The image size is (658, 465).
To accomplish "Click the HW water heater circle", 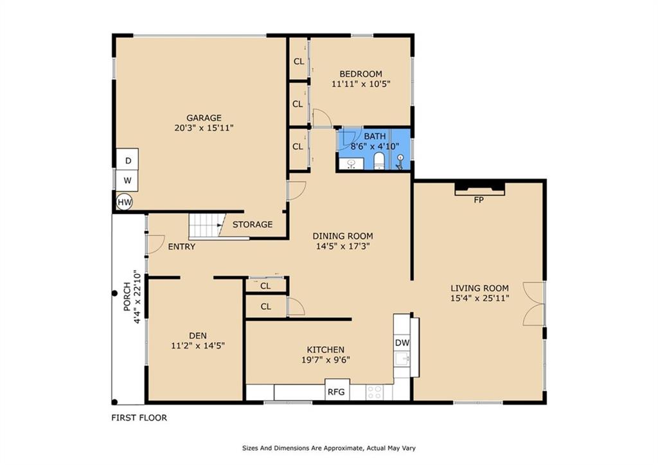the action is tap(124, 203).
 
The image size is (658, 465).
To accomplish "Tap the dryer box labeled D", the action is tap(128, 160).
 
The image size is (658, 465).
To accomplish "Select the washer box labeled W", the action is tap(128, 181).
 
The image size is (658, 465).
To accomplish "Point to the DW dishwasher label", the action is tap(402, 343).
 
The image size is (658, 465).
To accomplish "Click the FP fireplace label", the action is tap(479, 201).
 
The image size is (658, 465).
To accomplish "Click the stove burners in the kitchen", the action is tap(374, 392).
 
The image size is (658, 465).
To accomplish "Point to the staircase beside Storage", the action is tap(205, 226).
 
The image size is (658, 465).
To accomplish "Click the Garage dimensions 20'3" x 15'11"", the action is tap(204, 128).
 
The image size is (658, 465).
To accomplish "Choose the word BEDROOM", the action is tap(361, 74).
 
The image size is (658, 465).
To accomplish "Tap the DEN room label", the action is tap(198, 336).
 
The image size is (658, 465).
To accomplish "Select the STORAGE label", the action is tap(253, 224).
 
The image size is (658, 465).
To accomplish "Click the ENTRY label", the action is tap(182, 246).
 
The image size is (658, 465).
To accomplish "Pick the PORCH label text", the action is tap(127, 297).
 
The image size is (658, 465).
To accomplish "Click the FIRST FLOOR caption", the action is tap(139, 417).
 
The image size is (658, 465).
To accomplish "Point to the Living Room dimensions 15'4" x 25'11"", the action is tap(479, 298).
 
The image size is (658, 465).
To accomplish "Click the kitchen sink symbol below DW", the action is tap(403, 359).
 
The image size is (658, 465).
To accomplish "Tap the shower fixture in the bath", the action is tap(400, 162).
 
